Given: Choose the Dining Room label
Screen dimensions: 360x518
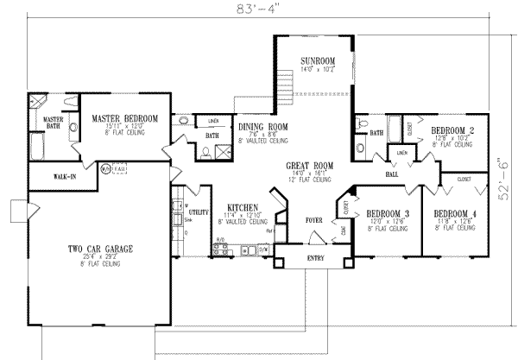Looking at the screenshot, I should click(262, 127).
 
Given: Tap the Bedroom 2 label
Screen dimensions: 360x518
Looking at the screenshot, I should click(448, 130).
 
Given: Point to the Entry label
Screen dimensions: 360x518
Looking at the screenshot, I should click(317, 258).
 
